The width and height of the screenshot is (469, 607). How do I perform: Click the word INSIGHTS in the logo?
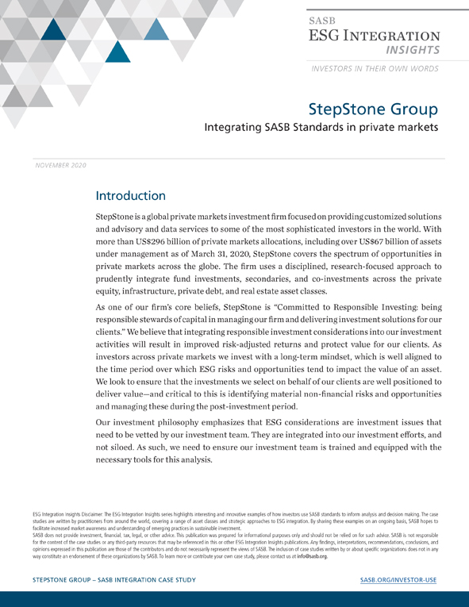[413, 50]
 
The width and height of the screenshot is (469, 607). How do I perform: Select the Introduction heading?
[130, 195]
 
